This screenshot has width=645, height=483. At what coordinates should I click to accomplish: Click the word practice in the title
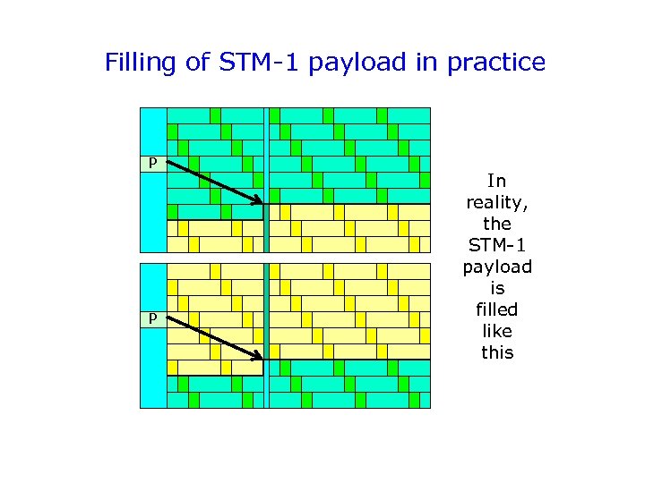496,63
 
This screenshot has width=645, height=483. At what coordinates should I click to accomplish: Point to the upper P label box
153,163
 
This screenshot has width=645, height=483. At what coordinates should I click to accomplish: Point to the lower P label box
153,318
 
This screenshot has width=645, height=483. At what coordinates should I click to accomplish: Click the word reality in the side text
497,202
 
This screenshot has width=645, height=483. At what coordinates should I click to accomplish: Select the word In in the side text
497,181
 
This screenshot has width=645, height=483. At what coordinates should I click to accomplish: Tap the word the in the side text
497,224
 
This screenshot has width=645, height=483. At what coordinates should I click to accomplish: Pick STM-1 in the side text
497,245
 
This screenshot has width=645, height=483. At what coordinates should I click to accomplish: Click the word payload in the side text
497,267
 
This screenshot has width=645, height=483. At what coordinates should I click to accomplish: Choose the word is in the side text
497,288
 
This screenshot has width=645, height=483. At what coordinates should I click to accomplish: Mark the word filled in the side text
497,309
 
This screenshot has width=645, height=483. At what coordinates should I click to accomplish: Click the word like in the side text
497,331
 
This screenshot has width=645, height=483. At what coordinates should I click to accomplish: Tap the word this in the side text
497,352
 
